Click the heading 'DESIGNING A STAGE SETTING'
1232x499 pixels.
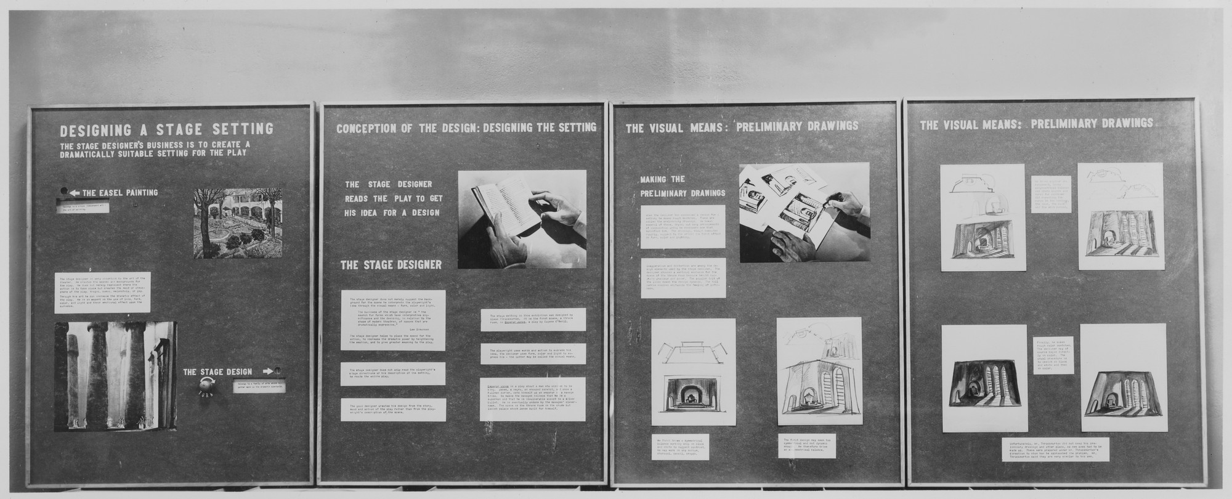tap(166, 129)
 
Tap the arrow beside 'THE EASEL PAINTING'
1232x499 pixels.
tap(75, 193)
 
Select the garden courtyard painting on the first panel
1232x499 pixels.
tap(237, 222)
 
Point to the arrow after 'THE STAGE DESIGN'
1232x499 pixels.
tap(269, 371)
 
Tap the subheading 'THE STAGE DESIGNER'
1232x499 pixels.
tap(391, 265)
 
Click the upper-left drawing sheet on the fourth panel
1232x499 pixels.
tap(974, 217)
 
